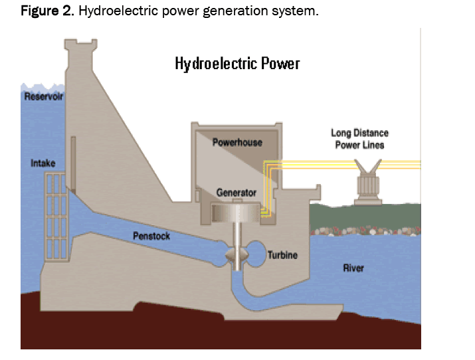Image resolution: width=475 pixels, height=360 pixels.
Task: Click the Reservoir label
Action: [44, 97]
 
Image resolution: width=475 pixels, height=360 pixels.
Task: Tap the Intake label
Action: [43, 163]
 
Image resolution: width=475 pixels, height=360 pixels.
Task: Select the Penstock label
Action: [151, 236]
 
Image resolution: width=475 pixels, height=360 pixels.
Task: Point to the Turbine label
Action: [282, 255]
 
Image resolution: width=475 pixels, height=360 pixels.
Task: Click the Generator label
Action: [236, 193]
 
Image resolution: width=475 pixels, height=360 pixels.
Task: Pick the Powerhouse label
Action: [237, 142]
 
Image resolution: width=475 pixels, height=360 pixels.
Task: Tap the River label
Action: [353, 268]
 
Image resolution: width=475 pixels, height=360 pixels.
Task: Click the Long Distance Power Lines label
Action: [359, 139]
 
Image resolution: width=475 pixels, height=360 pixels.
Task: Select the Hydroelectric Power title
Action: [237, 64]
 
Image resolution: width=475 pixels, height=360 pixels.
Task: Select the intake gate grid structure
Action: [56, 216]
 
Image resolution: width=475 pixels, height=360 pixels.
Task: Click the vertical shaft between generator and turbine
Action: [237, 236]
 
